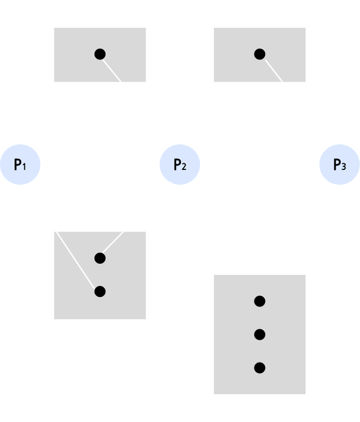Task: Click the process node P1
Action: coord(21,165)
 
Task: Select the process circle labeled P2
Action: coord(179,165)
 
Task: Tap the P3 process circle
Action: coord(339,165)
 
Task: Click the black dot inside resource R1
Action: coord(100,54)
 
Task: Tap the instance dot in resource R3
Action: coord(259,54)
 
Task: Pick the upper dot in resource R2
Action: coord(100,258)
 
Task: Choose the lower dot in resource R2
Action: coord(100,292)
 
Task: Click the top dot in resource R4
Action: coord(259,301)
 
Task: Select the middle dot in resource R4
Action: coord(259,334)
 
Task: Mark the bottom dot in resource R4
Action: coord(259,368)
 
